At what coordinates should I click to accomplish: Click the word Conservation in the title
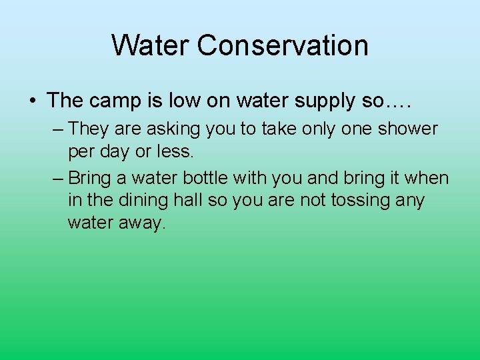coord(283,46)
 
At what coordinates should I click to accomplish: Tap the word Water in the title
coord(151,46)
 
